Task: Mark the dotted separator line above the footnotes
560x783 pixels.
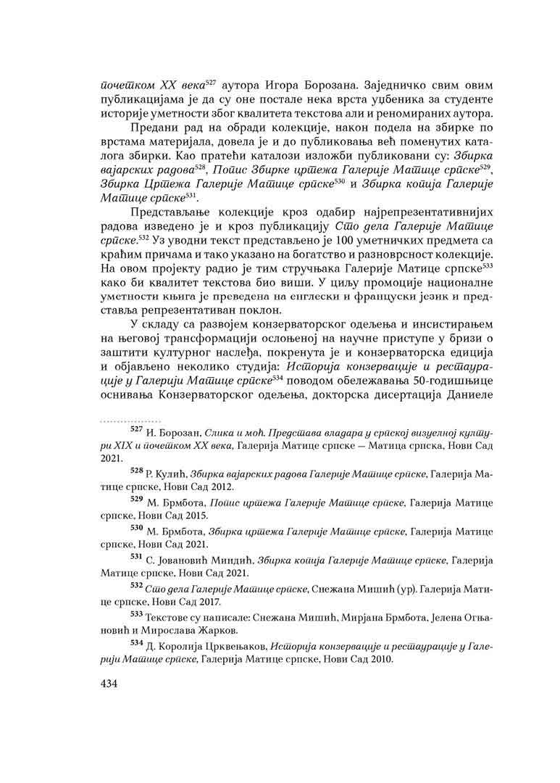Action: click(x=122, y=420)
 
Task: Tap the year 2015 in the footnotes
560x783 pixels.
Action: click(x=196, y=515)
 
